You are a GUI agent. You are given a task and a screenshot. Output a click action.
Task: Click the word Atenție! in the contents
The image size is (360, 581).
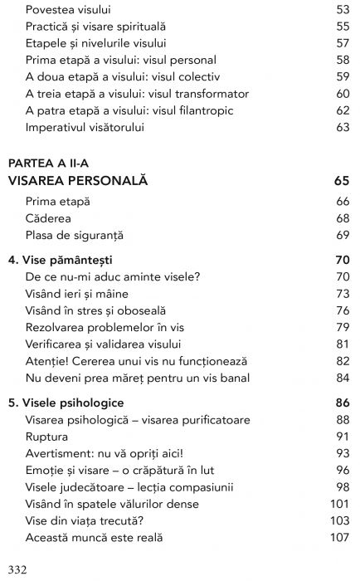[46, 362]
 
